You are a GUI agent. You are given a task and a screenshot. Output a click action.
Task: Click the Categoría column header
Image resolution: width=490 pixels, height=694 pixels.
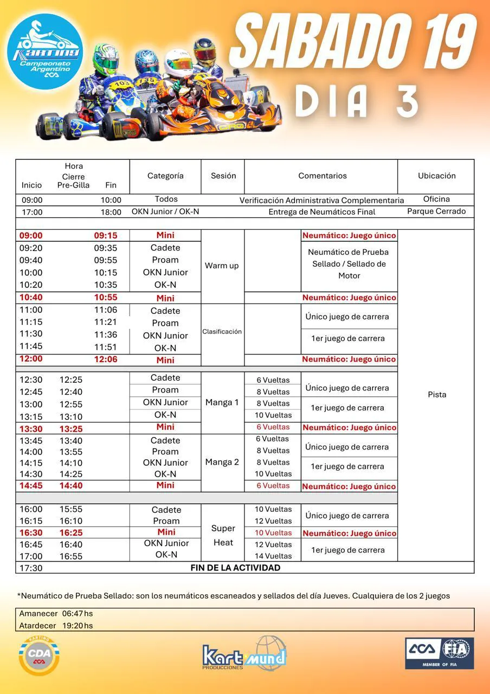pos(165,176)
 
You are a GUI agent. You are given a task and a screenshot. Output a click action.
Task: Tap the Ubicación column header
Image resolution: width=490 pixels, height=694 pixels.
pos(436,176)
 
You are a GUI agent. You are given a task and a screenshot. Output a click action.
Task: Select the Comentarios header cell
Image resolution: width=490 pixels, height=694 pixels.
pos(322,176)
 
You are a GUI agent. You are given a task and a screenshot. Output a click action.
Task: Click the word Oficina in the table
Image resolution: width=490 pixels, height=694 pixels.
pos(436,199)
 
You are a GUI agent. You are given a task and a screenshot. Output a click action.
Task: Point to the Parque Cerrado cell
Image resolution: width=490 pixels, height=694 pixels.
pos(436,211)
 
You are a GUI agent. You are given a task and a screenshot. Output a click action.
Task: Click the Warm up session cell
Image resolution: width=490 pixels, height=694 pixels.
pos(222,266)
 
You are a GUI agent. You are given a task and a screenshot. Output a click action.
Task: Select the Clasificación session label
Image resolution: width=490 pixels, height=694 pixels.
pos(222,331)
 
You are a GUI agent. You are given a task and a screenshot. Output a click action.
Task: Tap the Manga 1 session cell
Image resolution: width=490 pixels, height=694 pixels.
pos(222,402)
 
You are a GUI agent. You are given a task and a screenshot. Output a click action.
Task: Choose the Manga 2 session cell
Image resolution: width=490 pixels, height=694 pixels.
pos(222,462)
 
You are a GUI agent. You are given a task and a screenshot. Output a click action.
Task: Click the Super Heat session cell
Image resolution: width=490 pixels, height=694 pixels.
pos(223,535)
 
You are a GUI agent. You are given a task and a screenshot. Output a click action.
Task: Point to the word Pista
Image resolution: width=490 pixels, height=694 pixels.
pos(437,394)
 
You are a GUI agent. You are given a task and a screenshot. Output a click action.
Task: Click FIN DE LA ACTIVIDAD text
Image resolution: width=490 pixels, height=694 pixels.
pos(235,568)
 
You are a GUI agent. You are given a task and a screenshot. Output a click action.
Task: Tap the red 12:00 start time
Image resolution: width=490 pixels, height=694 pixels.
pos(31,359)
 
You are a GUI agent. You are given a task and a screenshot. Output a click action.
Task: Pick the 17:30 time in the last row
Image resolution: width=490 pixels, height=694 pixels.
pos(31,568)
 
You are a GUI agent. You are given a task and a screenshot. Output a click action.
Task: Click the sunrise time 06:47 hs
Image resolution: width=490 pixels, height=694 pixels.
pos(77,614)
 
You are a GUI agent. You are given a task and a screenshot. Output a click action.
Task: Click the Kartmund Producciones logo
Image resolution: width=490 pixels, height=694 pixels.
pos(244,654)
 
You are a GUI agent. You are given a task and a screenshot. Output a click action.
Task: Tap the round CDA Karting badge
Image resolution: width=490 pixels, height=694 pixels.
pos(39,654)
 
